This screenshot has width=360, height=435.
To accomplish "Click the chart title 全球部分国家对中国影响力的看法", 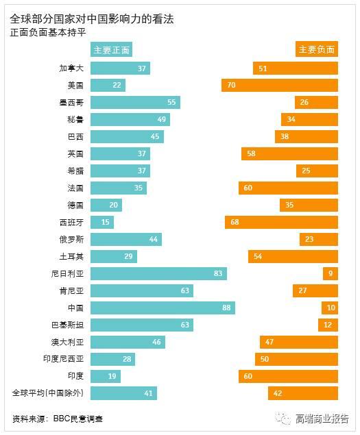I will (92, 19).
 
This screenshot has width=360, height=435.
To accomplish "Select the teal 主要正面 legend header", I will (112, 49).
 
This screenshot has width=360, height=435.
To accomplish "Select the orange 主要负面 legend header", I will (317, 49).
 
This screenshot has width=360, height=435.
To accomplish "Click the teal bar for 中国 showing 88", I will (163, 308).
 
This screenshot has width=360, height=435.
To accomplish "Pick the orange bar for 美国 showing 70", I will (280, 85).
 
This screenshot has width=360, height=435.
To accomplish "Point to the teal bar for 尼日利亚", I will (158, 273).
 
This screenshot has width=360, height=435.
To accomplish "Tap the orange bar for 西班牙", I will (281, 222).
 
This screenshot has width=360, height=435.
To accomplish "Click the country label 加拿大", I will (71, 68).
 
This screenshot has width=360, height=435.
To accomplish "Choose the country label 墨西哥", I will (71, 102).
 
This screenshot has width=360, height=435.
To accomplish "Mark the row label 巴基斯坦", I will (67, 325).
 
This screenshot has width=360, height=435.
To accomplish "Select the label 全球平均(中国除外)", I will (47, 393).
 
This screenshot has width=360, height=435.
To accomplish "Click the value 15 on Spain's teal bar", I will (105, 222).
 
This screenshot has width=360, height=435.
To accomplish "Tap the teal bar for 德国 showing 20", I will (106, 205).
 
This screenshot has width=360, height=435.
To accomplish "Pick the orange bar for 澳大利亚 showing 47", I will (299, 342).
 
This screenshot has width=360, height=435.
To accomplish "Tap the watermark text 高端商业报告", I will (322, 418).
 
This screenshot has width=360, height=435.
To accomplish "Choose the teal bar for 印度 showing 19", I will (106, 376).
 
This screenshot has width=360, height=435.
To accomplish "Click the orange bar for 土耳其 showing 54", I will (293, 256).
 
